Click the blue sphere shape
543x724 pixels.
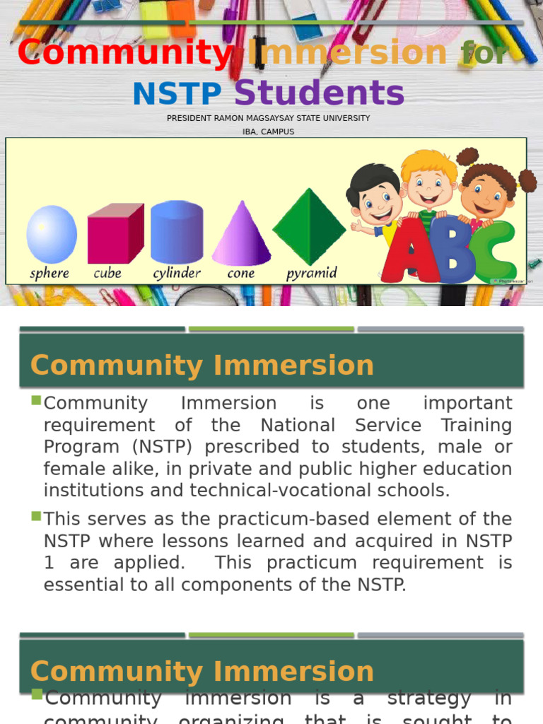pyautogui.click(x=52, y=234)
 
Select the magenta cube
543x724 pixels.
pyautogui.click(x=115, y=234)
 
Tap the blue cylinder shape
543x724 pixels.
pyautogui.click(x=177, y=233)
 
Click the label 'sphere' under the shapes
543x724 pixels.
pyautogui.click(x=50, y=273)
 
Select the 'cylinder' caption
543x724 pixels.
pyautogui.click(x=177, y=273)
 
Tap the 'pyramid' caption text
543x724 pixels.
pyautogui.click(x=311, y=273)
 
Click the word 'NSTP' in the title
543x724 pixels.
pyautogui.click(x=177, y=95)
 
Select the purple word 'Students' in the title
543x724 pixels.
pyautogui.click(x=319, y=93)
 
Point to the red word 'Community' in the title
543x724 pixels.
pyautogui.click(x=124, y=53)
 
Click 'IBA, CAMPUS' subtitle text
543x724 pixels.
pyautogui.click(x=268, y=132)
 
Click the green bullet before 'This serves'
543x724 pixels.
pyautogui.click(x=36, y=517)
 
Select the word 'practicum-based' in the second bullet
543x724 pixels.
pyautogui.click(x=288, y=519)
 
